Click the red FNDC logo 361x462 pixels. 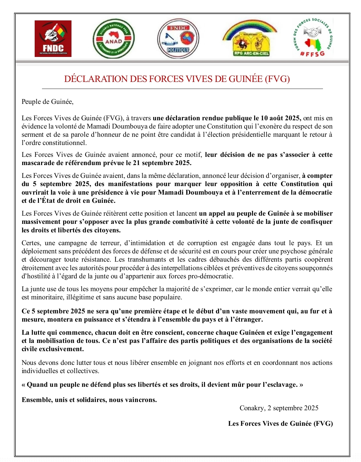[x=53, y=39]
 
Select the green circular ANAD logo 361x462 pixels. [x=113, y=39]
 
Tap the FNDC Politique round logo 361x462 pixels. [x=178, y=39]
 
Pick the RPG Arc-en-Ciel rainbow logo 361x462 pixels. [x=250, y=39]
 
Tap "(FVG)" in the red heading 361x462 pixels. [x=277, y=79]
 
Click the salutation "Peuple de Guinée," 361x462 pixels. [x=47, y=102]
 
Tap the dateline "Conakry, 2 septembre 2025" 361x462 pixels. [x=279, y=408]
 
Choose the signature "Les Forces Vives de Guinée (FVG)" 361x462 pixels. [x=280, y=424]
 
